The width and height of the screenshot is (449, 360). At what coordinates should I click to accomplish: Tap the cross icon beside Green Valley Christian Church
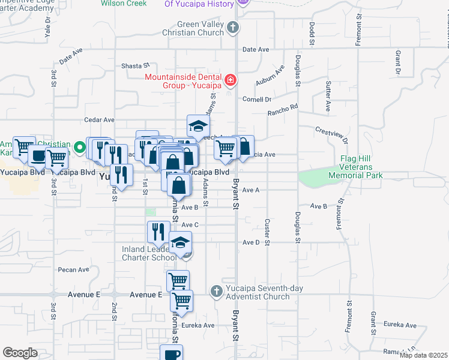(x=234, y=28)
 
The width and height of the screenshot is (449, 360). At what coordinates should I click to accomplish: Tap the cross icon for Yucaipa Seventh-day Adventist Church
(x=217, y=292)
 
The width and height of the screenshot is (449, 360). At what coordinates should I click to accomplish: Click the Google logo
(x=20, y=353)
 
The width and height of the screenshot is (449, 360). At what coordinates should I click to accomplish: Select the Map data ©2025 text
(x=423, y=355)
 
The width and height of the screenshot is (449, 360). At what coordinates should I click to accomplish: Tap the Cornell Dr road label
(x=257, y=99)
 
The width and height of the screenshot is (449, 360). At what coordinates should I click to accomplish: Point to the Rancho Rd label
(x=283, y=110)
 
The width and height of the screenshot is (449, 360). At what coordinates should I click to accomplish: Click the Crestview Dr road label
(x=332, y=135)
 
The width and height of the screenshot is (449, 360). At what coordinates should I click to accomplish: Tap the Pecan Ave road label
(x=74, y=270)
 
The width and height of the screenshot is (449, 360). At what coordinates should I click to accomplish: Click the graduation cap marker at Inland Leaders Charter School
(x=179, y=242)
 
